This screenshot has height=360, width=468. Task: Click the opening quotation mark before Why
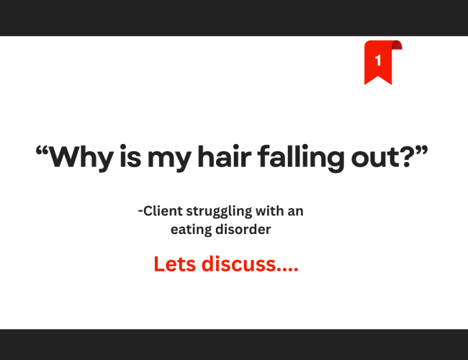45,150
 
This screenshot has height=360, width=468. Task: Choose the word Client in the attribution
163,212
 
